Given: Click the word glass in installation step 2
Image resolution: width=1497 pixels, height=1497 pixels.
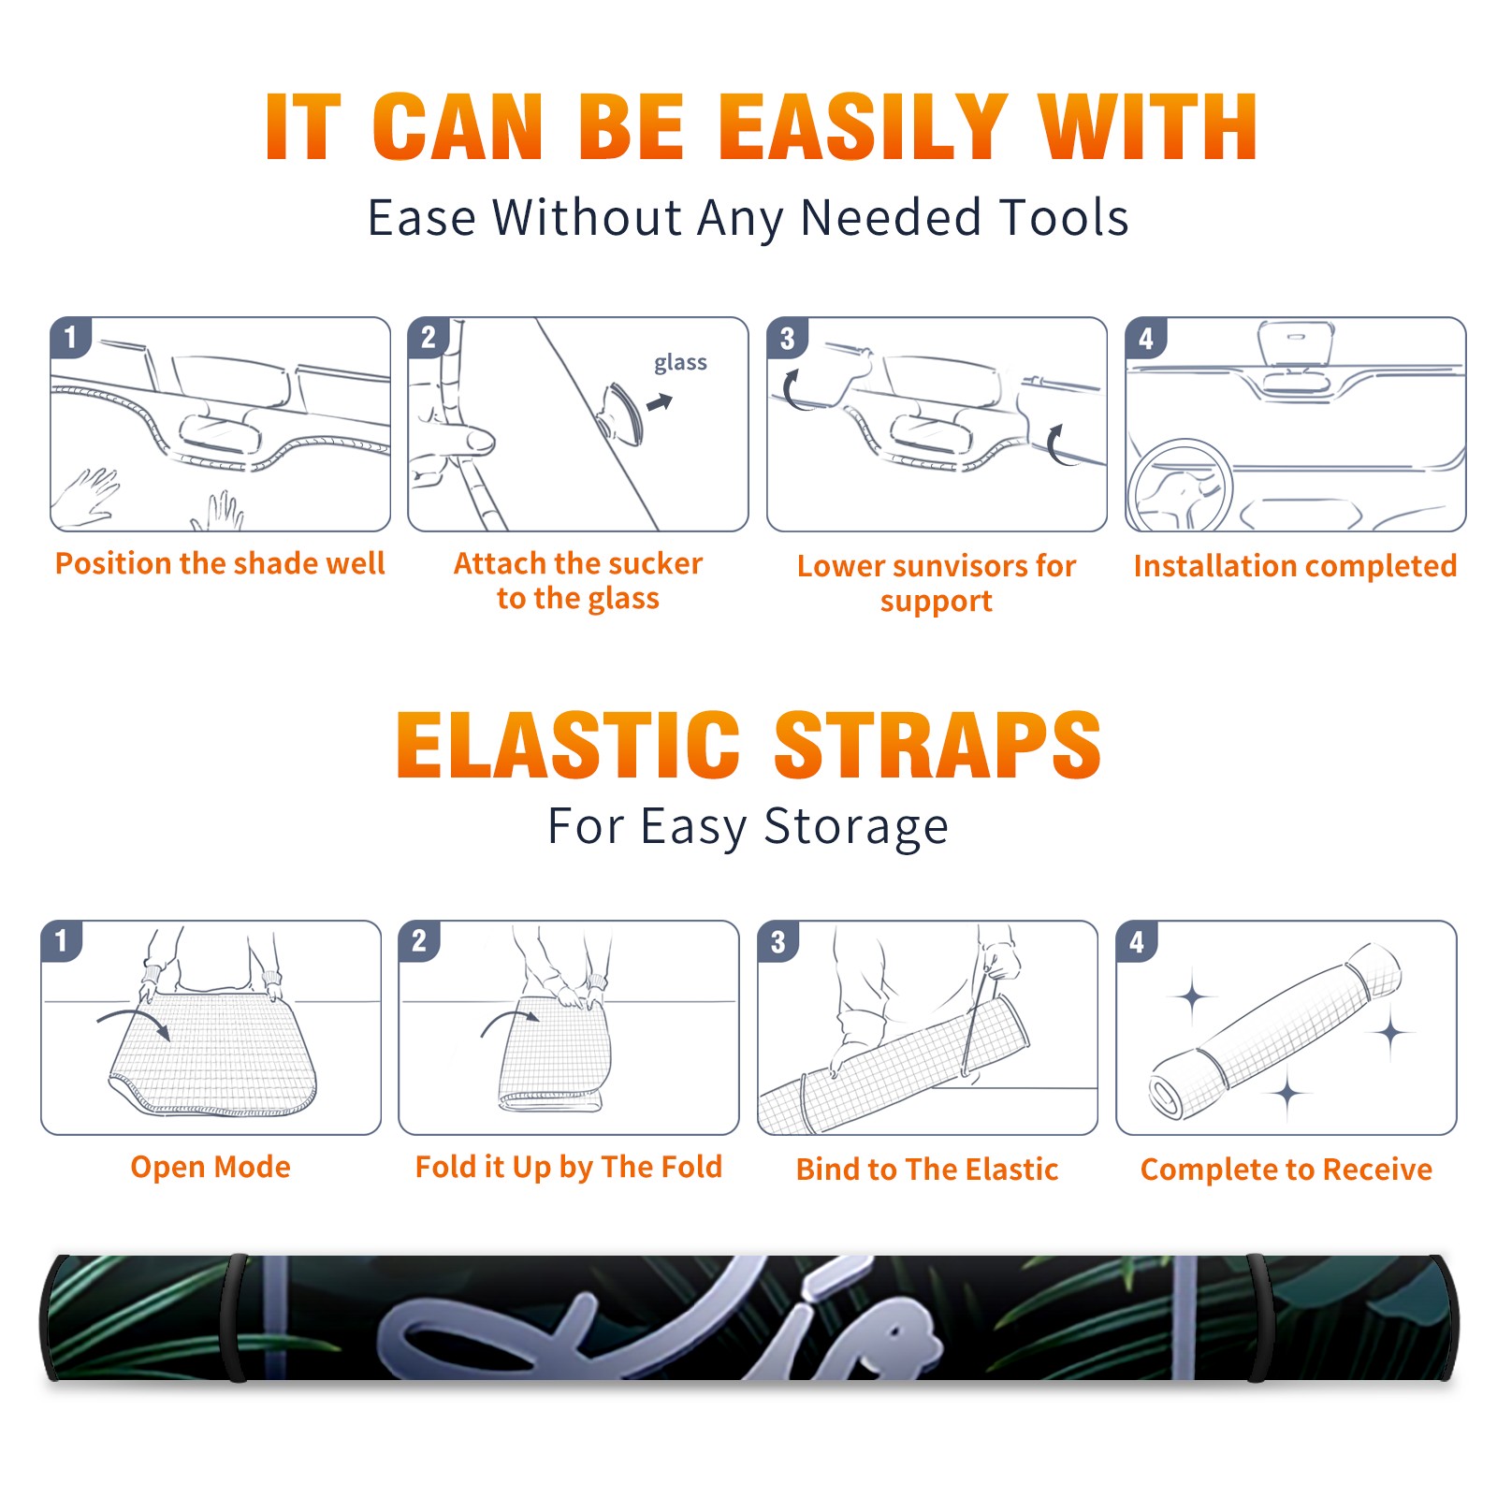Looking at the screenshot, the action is (680, 363).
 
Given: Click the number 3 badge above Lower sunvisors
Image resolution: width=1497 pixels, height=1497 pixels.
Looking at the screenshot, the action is (787, 339).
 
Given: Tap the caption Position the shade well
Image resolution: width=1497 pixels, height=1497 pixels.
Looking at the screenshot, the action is (220, 563).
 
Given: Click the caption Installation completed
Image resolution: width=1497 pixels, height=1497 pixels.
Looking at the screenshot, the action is (1295, 565).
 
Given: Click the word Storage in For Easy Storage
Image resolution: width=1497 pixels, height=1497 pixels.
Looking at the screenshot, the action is (856, 827).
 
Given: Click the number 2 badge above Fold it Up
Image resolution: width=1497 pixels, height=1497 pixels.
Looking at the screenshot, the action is (419, 940).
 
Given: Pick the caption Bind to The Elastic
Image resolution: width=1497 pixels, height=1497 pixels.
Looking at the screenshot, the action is (927, 1169).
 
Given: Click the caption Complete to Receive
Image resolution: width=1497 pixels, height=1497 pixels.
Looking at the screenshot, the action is (1286, 1169).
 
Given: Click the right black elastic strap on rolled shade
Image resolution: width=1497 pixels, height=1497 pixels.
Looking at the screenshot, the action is (1258, 1317).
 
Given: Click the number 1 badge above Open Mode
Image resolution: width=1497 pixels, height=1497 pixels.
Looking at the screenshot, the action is (62, 940).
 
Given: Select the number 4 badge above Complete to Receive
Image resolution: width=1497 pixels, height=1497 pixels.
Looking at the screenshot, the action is (1137, 940).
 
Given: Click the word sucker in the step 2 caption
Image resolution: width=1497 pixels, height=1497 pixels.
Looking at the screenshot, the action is (655, 563).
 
